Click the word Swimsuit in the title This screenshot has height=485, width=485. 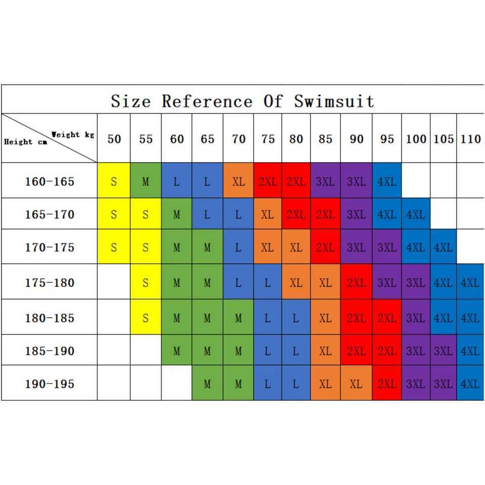click(334, 101)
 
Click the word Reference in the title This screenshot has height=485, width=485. click(207, 101)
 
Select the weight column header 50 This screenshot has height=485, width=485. click(114, 139)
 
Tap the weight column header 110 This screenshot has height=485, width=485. click(470, 139)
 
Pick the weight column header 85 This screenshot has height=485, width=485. click(326, 139)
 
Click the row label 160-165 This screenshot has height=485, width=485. click(50, 181)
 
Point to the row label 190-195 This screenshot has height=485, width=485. click(50, 384)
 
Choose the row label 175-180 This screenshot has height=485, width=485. click(50, 282)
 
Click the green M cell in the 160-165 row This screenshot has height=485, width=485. click(145, 181)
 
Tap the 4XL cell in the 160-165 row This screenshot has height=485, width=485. click(386, 181)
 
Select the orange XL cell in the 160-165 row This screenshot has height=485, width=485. click(238, 181)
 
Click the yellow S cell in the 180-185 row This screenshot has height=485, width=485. click(145, 318)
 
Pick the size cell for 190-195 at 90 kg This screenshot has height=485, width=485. click(356, 384)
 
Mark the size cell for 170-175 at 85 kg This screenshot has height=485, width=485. click(326, 248)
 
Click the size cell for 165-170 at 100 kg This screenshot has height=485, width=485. click(416, 215)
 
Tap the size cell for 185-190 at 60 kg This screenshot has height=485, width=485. click(176, 351)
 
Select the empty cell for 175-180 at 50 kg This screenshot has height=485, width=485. click(114, 282)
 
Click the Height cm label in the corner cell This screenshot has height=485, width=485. click(25, 142)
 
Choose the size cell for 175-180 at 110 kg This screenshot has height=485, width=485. click(470, 282)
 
